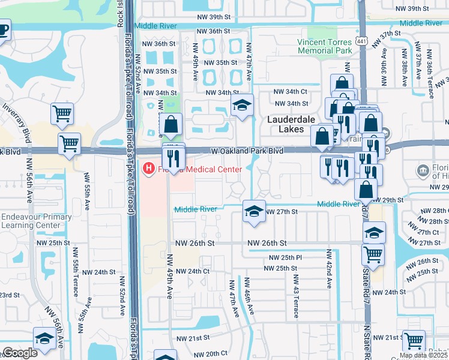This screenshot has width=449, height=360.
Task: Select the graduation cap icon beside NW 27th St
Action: click(x=254, y=211)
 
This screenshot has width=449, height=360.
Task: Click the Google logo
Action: click(x=20, y=353)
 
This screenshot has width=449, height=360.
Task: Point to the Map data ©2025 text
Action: click(x=424, y=355)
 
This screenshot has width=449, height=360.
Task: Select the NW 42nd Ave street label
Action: click(x=329, y=269)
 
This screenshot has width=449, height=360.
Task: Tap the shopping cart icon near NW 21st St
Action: click(x=414, y=341)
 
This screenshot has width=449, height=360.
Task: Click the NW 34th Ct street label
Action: click(x=291, y=91)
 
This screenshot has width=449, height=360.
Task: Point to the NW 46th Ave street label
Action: click(x=247, y=295)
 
